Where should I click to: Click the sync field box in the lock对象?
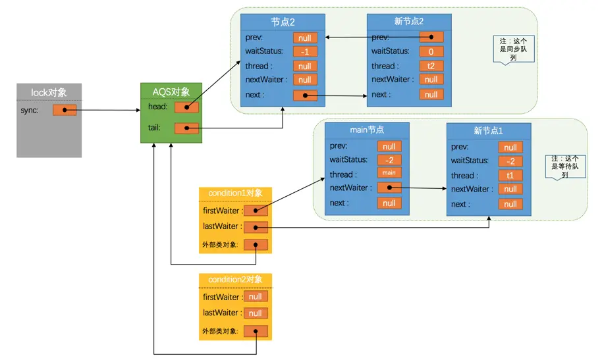click(65, 110)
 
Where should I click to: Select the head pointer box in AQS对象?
click(186, 107)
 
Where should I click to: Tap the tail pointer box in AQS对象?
click(186, 128)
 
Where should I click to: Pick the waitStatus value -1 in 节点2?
click(305, 52)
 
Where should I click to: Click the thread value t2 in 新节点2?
click(431, 66)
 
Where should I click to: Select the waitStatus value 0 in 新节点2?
click(431, 51)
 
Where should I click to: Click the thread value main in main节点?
click(389, 174)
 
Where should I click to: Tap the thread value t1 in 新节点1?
click(510, 176)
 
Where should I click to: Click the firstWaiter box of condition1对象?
click(256, 211)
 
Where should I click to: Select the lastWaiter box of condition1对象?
click(256, 226)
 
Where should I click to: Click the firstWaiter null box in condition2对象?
click(256, 297)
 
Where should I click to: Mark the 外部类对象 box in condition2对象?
click(256, 331)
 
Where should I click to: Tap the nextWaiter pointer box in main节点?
click(389, 188)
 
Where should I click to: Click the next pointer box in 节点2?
click(305, 95)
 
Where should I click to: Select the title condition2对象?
click(235, 280)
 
